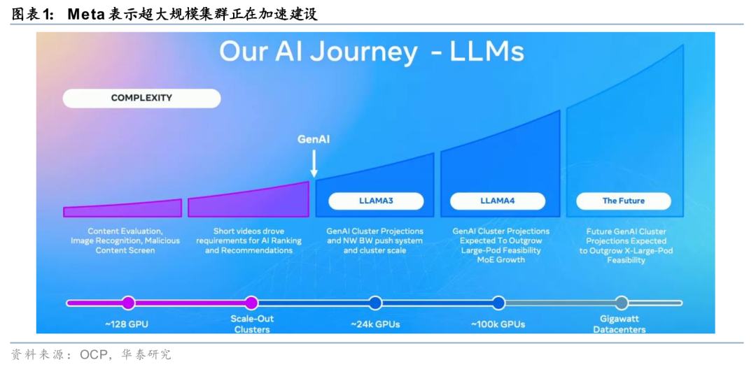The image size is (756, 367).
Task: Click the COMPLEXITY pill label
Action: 141,98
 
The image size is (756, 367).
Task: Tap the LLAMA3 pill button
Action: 376,201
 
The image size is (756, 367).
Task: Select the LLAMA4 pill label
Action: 497,201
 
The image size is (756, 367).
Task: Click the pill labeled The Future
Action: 623,201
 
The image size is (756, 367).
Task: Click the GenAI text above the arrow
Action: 314,139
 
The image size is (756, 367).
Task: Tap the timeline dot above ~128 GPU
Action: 128,303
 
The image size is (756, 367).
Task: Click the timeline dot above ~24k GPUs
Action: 375,303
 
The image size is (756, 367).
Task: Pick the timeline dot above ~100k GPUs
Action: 498,303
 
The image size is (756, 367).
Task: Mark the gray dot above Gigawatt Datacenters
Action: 621,303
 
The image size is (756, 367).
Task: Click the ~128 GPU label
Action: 127,324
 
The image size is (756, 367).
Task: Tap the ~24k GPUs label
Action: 375,324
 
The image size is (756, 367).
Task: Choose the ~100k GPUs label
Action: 498,324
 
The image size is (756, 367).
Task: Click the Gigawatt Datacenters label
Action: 619,324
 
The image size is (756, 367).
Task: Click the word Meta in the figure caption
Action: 86,14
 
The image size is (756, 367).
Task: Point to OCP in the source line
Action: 94,354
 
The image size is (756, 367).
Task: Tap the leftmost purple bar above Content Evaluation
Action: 122,208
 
